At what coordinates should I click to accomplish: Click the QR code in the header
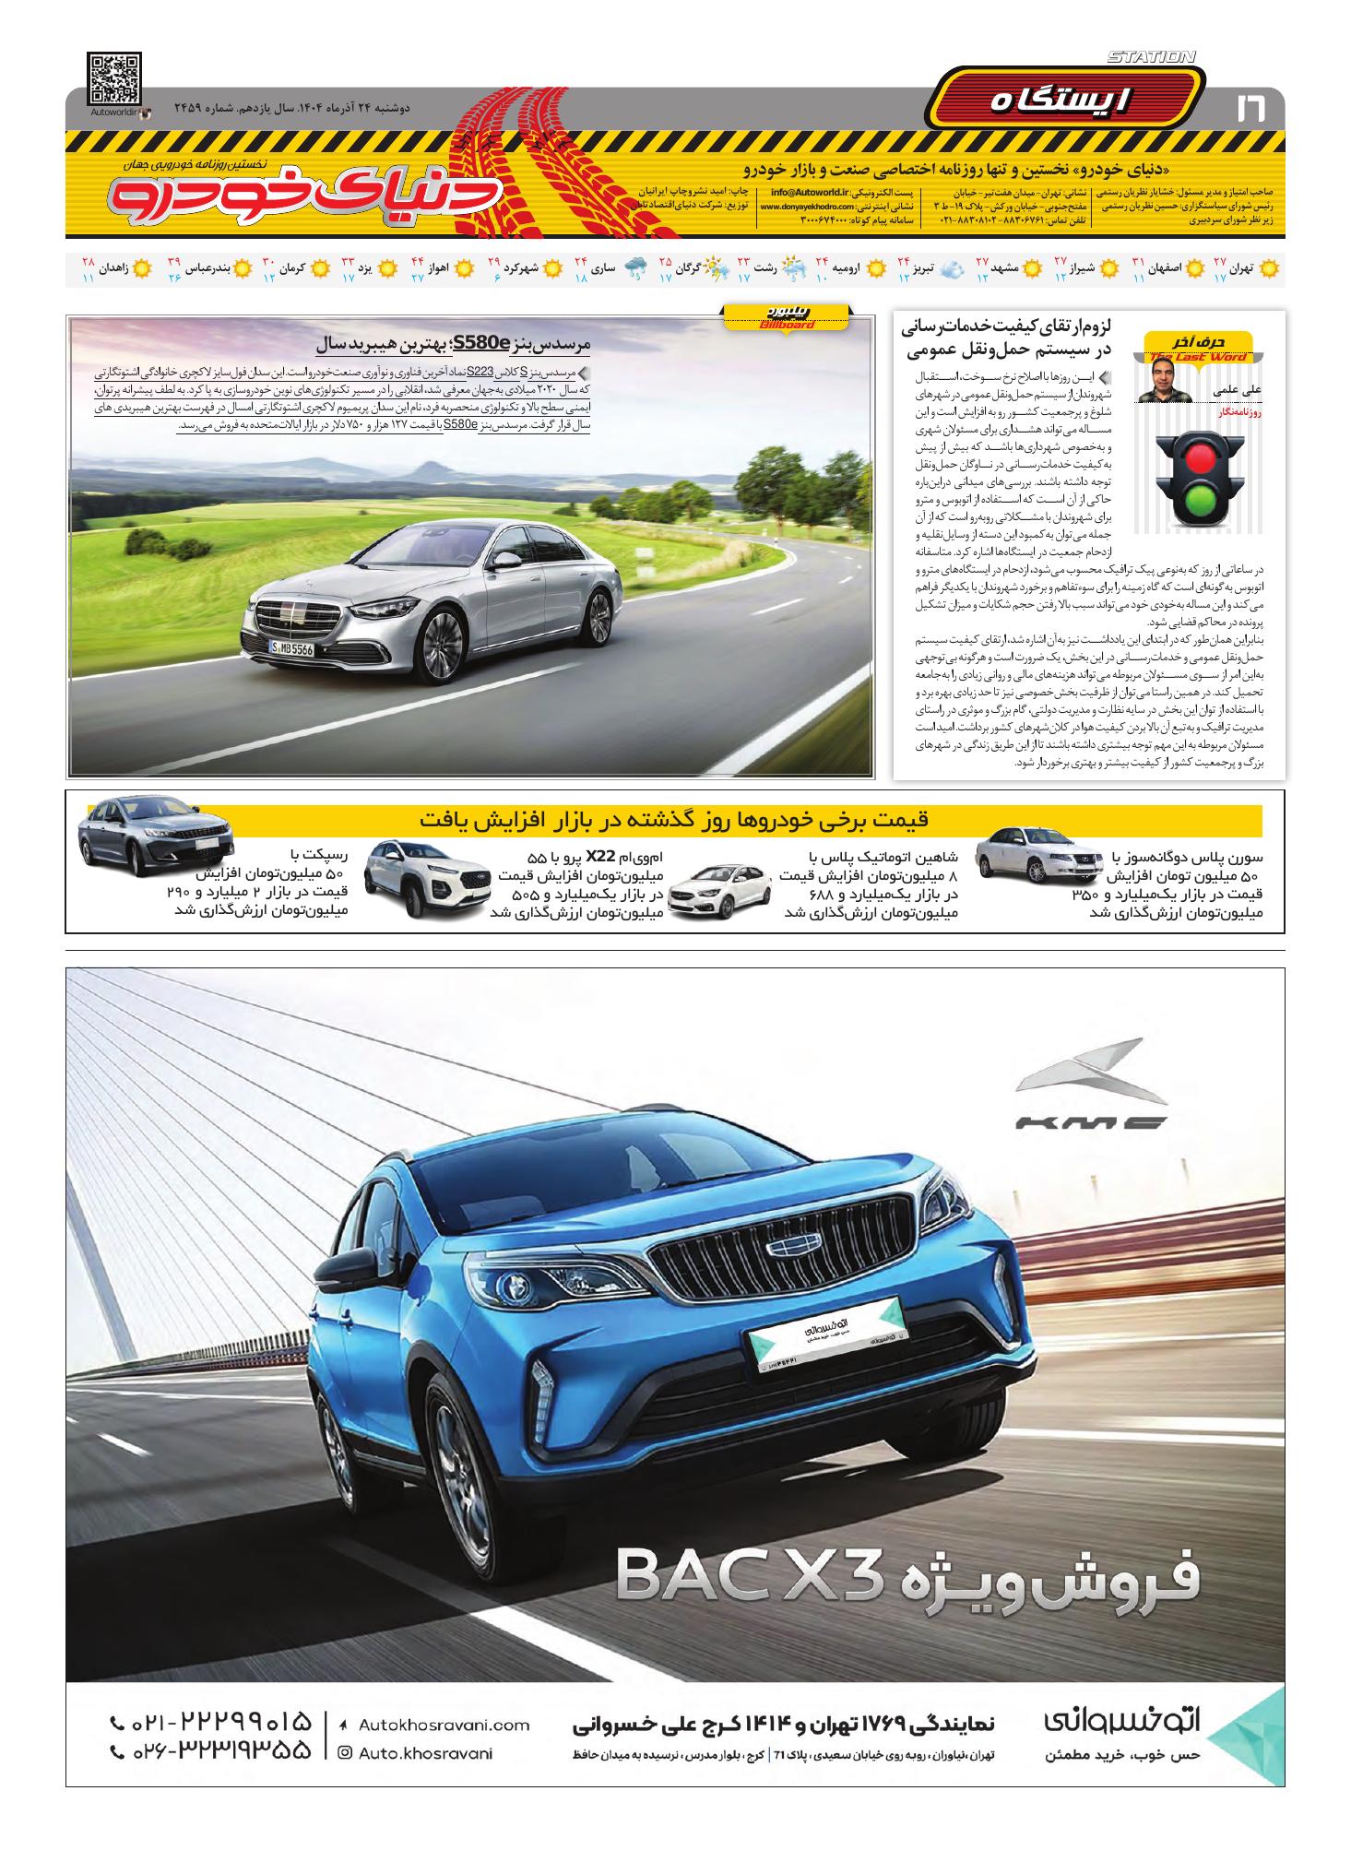(115, 80)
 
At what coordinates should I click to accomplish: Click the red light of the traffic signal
(1199, 457)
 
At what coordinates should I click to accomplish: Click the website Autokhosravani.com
(443, 1725)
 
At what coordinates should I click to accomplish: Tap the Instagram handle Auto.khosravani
(424, 1753)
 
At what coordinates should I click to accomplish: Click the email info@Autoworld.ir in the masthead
(795, 193)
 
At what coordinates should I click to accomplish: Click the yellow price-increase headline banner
(674, 820)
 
